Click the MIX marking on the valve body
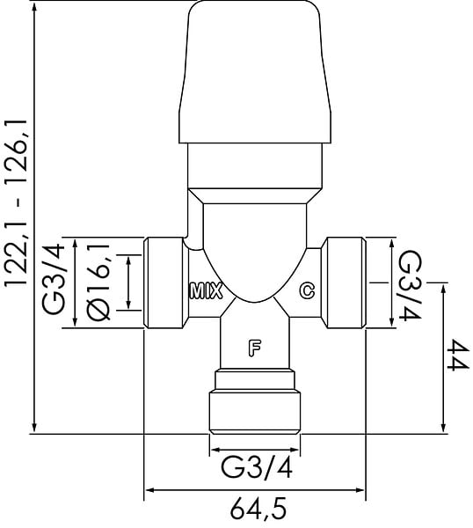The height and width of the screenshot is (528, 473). [206, 291]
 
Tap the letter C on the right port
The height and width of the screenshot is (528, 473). [307, 290]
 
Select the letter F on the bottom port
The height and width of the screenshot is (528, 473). [255, 348]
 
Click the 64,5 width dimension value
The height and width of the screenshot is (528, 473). [258, 508]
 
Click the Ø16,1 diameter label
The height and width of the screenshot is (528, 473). [98, 282]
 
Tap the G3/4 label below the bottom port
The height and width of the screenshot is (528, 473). [257, 467]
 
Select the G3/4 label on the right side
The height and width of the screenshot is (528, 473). [409, 286]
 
